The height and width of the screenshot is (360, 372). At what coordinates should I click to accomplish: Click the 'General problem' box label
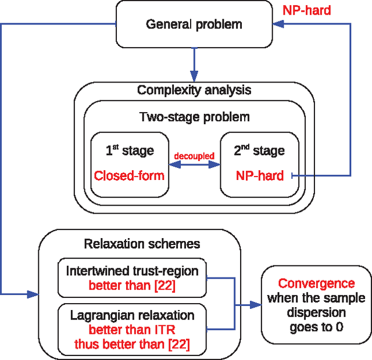click(x=194, y=24)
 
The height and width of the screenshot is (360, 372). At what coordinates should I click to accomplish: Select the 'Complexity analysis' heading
click(x=194, y=90)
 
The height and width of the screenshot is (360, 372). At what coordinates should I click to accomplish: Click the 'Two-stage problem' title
click(x=194, y=117)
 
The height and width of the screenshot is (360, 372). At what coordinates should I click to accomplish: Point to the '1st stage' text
click(x=130, y=150)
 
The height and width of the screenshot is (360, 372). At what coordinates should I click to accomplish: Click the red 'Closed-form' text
click(x=130, y=175)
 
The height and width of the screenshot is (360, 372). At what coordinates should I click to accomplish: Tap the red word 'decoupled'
click(x=195, y=156)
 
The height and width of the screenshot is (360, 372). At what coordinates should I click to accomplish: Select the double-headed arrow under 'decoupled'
click(x=195, y=165)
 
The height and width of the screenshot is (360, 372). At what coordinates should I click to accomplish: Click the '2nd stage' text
click(x=260, y=150)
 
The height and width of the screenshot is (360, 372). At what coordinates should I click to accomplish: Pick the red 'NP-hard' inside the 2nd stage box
click(x=260, y=175)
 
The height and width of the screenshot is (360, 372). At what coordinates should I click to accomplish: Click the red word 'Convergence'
click(x=316, y=283)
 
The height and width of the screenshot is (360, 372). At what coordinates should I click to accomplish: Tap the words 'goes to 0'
click(x=316, y=327)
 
